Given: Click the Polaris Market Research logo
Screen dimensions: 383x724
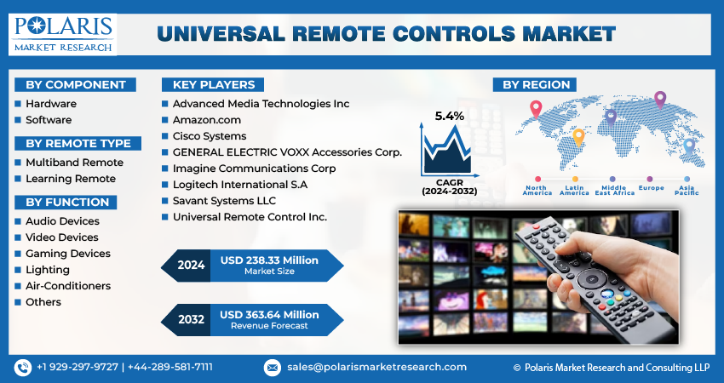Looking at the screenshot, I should (x=63, y=33).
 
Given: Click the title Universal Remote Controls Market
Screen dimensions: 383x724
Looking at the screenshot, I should (x=386, y=34).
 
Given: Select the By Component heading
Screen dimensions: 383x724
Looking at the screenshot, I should (x=75, y=84).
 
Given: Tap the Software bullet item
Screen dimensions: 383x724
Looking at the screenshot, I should (x=49, y=120).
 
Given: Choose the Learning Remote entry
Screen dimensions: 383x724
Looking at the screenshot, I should (x=70, y=179).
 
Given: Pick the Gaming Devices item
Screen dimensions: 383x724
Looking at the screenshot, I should (x=68, y=254).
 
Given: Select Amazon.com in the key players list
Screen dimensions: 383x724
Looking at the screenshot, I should (x=207, y=120).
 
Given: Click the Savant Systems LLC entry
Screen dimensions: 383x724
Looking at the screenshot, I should (x=226, y=201).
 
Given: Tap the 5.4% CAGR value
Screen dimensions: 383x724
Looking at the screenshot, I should (x=449, y=116).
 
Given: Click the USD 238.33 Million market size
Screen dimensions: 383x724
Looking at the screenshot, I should (x=268, y=260).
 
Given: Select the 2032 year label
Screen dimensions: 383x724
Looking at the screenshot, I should (x=191, y=319).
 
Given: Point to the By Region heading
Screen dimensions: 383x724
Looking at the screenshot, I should (x=537, y=84).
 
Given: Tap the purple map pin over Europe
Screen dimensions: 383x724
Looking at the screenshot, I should (x=659, y=100).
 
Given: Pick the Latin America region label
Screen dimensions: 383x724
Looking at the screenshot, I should (x=574, y=191).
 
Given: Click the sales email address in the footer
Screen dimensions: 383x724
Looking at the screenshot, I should (x=376, y=367).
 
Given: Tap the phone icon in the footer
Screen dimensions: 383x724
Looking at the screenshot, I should (x=23, y=367).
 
